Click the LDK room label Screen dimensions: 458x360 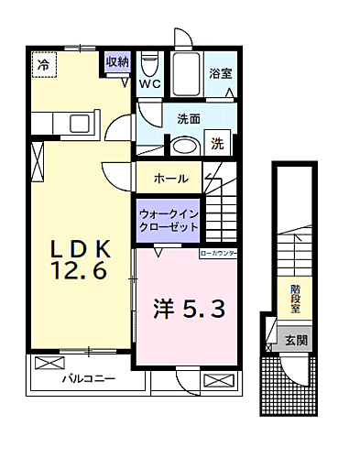tap(81, 247)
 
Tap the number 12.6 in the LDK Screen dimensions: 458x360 tap(82, 272)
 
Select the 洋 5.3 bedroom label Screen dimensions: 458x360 tap(181, 310)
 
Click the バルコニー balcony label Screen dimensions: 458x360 tap(88, 377)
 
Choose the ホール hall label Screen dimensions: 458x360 tap(171, 178)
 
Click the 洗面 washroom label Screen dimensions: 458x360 tap(189, 118)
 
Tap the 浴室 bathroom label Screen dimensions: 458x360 tap(221, 73)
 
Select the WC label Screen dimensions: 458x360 tap(149, 83)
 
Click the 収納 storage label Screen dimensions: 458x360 tap(117, 62)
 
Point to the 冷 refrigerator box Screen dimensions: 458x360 tap(42, 63)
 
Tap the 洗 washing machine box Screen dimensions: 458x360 tap(217, 143)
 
